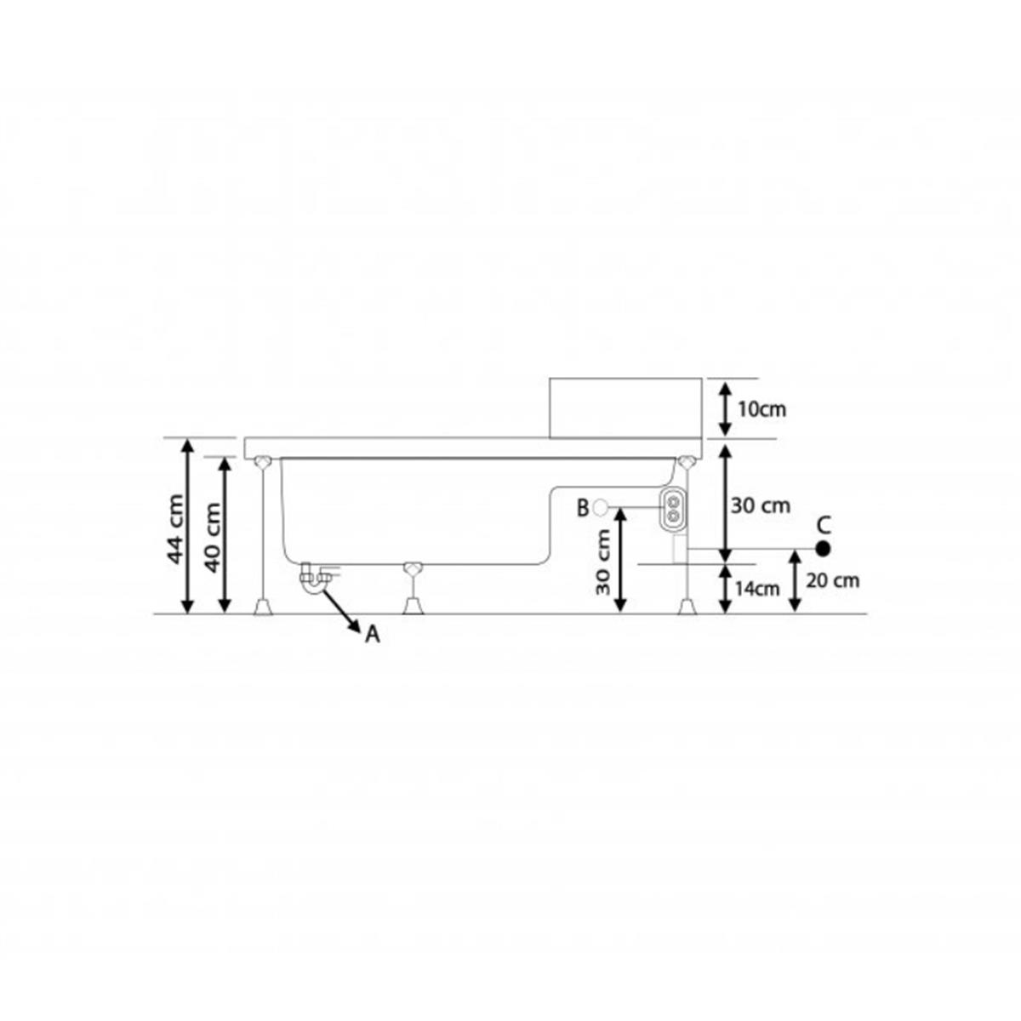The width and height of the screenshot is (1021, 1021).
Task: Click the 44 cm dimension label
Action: coord(175,528)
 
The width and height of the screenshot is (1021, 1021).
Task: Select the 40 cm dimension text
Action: coord(212,537)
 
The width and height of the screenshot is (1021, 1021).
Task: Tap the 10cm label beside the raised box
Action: coord(762,409)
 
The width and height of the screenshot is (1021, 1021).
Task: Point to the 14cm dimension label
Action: coord(756,589)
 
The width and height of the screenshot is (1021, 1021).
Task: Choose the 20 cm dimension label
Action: coord(832,581)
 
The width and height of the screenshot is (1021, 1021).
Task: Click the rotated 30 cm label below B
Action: coord(603,562)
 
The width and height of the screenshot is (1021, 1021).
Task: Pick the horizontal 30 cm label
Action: coord(761,506)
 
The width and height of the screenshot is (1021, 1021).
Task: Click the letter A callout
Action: coord(373,634)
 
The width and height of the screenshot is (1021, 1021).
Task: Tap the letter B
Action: coord(583,508)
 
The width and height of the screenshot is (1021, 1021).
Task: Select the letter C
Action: coord(824,526)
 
